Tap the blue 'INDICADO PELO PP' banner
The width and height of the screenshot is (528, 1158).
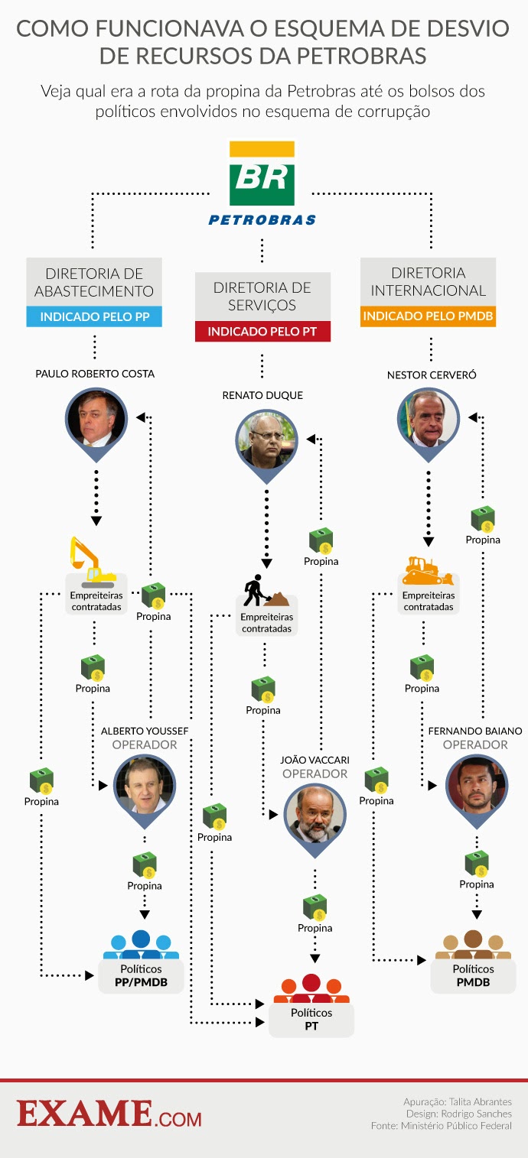tap(94, 316)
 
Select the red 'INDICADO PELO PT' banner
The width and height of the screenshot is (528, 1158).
tap(262, 332)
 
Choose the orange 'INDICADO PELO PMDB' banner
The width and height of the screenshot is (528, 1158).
tap(428, 316)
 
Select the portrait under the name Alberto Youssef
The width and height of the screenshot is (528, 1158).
tap(144, 786)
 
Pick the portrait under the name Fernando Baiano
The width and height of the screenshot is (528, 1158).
tap(476, 784)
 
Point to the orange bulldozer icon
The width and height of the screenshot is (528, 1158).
tap(427, 570)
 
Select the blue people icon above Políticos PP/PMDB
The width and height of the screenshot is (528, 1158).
tap(141, 945)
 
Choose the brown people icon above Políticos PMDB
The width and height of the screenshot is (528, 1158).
tap(472, 945)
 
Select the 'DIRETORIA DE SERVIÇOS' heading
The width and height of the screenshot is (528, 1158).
tap(262, 297)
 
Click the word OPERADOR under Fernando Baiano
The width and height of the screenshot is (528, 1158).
tap(475, 744)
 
